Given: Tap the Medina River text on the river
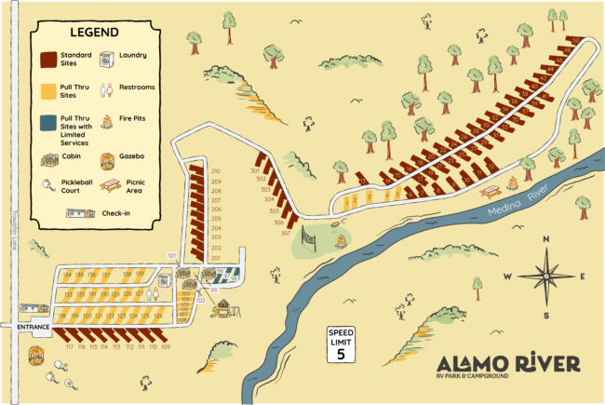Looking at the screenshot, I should (x=518, y=199).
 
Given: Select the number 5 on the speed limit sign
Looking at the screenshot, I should (x=341, y=353).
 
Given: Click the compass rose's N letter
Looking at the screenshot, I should (x=546, y=239).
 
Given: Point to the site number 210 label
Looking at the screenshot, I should (x=216, y=171).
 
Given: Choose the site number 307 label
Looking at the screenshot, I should (x=286, y=233).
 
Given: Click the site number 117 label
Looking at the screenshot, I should (x=69, y=346).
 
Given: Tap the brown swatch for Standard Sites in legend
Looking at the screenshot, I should (x=49, y=60).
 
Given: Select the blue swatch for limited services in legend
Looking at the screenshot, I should (x=49, y=125).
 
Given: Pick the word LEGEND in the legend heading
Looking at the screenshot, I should (x=94, y=32).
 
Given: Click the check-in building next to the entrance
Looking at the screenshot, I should (x=34, y=308).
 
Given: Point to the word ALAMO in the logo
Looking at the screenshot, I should (x=472, y=363).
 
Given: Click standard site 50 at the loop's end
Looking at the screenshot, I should (x=577, y=41).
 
